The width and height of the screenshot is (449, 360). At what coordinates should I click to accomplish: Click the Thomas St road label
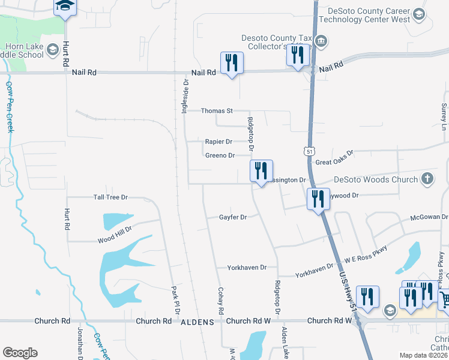tap(217, 111)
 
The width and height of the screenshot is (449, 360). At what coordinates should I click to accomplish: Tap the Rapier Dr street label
tap(218, 142)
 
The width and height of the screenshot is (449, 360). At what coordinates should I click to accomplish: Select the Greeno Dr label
tap(220, 155)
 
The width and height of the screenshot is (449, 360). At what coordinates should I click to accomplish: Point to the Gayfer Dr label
tap(233, 217)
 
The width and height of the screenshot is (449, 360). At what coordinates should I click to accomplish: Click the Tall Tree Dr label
tap(111, 197)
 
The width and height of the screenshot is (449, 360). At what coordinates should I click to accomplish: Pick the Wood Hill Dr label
tap(114, 239)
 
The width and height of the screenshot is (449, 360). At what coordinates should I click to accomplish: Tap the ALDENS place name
tap(197, 322)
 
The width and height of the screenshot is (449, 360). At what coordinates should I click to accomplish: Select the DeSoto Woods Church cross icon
tap(427, 179)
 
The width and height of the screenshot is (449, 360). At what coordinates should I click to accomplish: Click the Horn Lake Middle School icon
tap(53, 49)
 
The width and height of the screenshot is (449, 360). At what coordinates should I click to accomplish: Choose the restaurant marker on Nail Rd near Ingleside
tap(232, 63)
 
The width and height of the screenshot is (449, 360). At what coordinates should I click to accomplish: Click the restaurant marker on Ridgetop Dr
tap(261, 171)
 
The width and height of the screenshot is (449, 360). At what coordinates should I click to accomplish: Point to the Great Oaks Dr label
tap(335, 158)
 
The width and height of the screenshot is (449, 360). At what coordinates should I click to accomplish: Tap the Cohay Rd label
tap(220, 301)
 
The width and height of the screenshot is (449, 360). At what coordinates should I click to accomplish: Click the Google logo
tap(20, 353)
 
